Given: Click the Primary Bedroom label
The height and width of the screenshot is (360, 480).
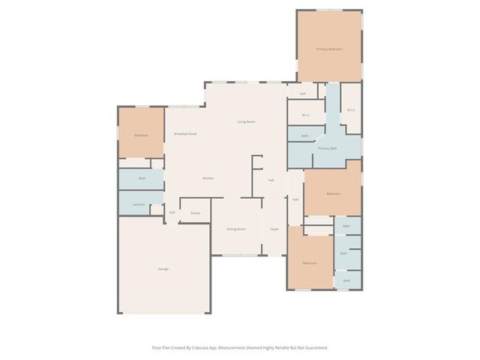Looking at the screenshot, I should click(x=329, y=49).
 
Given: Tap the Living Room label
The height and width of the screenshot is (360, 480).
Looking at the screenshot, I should click(x=247, y=121).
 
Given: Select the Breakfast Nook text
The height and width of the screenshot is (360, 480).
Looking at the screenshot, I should click(x=185, y=133).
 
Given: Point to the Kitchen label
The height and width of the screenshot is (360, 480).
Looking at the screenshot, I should click(x=208, y=178).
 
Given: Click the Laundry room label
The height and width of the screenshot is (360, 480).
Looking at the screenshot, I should click(x=139, y=204).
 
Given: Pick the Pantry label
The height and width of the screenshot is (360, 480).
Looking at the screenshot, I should click(x=195, y=213).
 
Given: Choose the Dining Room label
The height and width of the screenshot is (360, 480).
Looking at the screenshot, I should click(x=236, y=228).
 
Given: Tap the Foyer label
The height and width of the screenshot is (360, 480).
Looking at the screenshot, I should click(x=274, y=228).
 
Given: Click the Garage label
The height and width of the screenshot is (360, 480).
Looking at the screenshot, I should click(x=163, y=268).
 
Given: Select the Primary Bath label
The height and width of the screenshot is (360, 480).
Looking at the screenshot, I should click(x=328, y=148).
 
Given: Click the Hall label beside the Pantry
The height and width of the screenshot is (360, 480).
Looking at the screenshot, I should click(x=172, y=212).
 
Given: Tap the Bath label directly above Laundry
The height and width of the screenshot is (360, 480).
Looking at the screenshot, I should click(x=142, y=178).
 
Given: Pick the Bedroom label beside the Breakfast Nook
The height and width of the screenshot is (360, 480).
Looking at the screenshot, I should click(x=141, y=135).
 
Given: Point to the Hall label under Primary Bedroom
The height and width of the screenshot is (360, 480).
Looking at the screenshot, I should click(x=302, y=94).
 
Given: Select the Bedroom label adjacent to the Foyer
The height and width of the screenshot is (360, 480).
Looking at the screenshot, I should click(x=310, y=263).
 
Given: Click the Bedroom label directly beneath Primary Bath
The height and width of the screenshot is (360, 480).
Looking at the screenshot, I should click(x=333, y=193).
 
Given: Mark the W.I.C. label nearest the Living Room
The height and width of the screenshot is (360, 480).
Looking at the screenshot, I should click(x=306, y=115).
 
